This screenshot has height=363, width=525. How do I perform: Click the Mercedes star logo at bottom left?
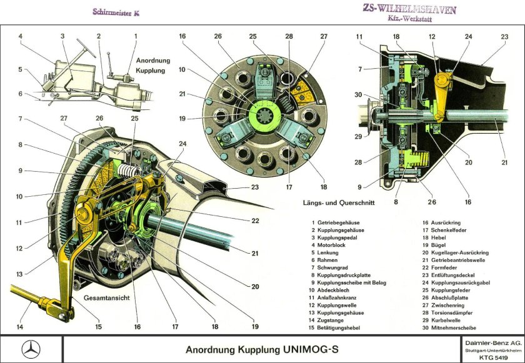(31, 349)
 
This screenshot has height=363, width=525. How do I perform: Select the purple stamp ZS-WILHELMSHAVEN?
(410, 9)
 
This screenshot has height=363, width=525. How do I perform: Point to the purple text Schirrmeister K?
(116, 12)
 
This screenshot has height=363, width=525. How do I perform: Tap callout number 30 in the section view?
(357, 95)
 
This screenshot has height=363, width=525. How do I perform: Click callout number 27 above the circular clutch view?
(323, 37)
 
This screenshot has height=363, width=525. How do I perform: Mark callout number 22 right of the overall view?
(254, 221)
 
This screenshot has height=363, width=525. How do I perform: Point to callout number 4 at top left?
(20, 36)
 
